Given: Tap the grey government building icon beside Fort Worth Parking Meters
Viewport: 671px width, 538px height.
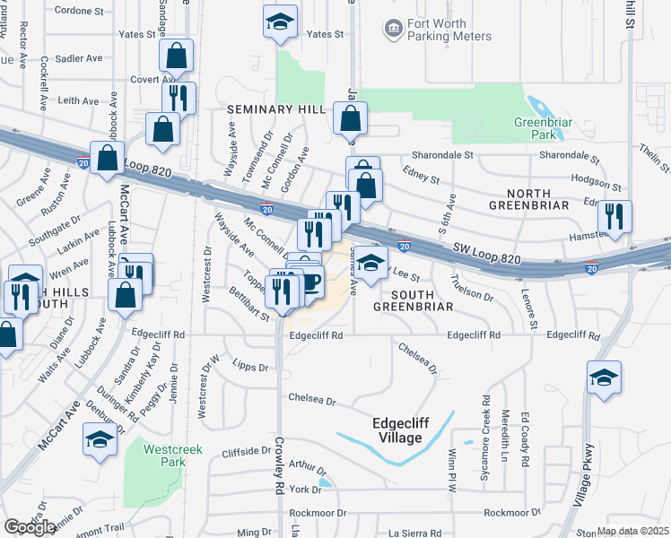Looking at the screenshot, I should point(393,30).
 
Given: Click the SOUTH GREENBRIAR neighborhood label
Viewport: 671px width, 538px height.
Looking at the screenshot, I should point(415,300).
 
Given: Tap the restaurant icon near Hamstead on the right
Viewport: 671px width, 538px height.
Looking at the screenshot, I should point(614,216).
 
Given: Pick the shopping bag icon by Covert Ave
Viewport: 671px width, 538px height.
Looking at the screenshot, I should point(177,56).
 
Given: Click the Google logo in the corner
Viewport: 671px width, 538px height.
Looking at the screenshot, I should point(30,527).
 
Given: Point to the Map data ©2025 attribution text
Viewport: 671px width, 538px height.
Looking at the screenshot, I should point(632,531).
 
